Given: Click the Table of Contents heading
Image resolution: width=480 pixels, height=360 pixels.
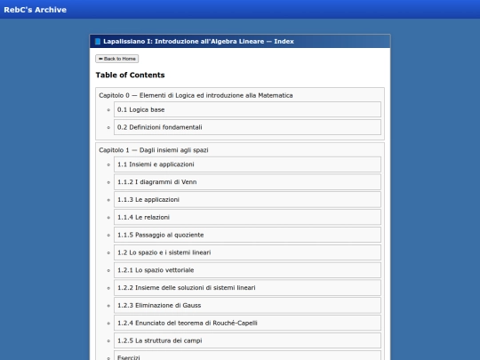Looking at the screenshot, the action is pos(130,76).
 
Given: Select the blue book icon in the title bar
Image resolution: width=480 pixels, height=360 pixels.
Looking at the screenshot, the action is pos(98,42).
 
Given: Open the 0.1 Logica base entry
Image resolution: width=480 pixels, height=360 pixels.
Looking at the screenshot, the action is pos(140,109).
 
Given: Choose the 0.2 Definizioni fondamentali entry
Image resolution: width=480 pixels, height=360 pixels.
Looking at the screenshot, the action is pos(153,127).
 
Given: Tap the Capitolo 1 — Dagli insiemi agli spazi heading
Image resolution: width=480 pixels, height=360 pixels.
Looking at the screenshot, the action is pos(154,150).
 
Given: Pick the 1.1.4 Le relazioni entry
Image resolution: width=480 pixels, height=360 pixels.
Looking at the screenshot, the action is pos(143,217).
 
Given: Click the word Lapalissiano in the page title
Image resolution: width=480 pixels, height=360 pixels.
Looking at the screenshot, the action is pos(124,42).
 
